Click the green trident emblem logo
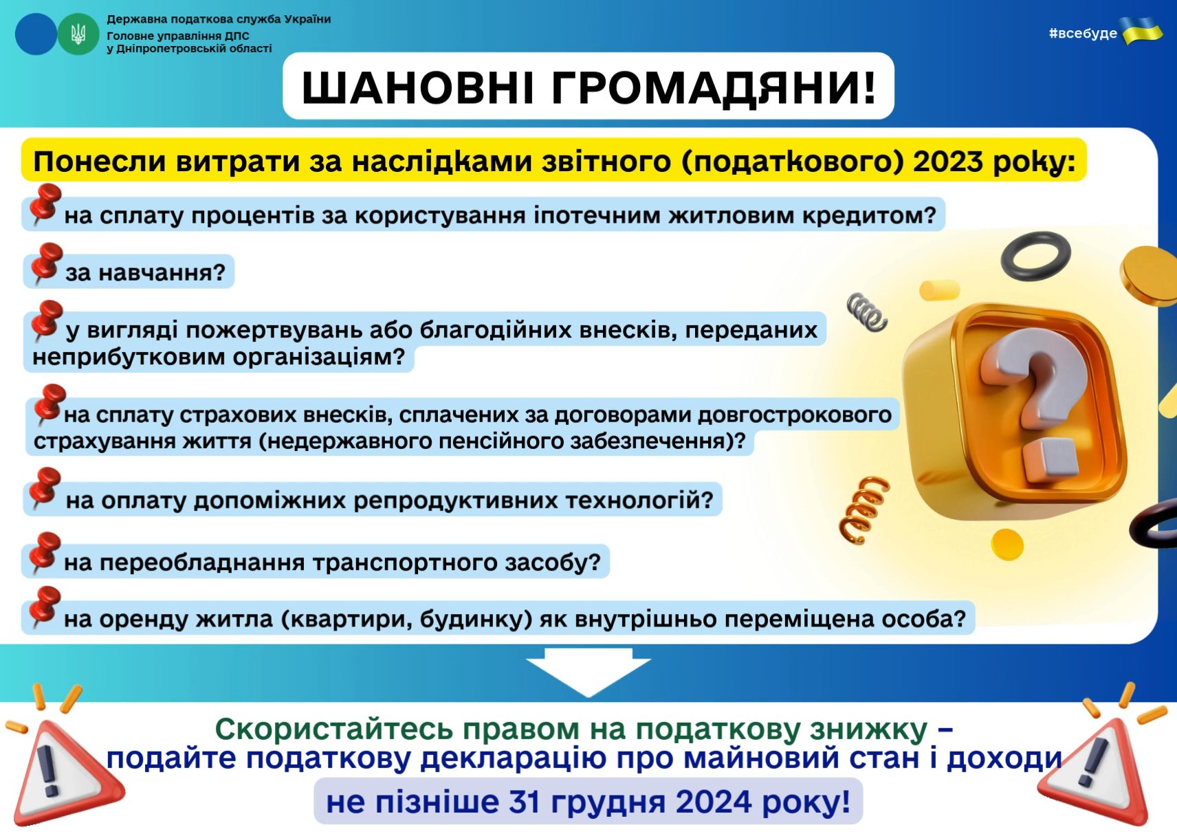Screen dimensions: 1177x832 78,34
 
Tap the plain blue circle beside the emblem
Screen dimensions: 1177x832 35,34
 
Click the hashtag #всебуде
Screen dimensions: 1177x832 1083,33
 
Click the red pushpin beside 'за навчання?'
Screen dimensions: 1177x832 45,262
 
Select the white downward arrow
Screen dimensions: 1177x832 588,672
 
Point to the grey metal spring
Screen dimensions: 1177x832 867,312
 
